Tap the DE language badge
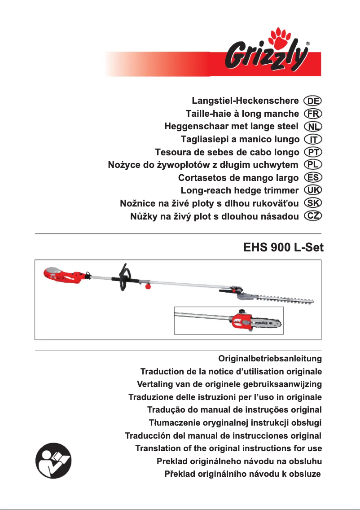[313, 100]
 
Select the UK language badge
[313, 190]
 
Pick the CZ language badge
[313, 216]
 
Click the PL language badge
[313, 164]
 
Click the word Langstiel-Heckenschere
[245, 100]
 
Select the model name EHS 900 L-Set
[283, 247]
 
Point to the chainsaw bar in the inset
[267, 322]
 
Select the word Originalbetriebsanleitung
[270, 359]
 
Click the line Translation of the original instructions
[228, 448]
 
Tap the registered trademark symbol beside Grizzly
[308, 44]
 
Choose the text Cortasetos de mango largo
[238, 177]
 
